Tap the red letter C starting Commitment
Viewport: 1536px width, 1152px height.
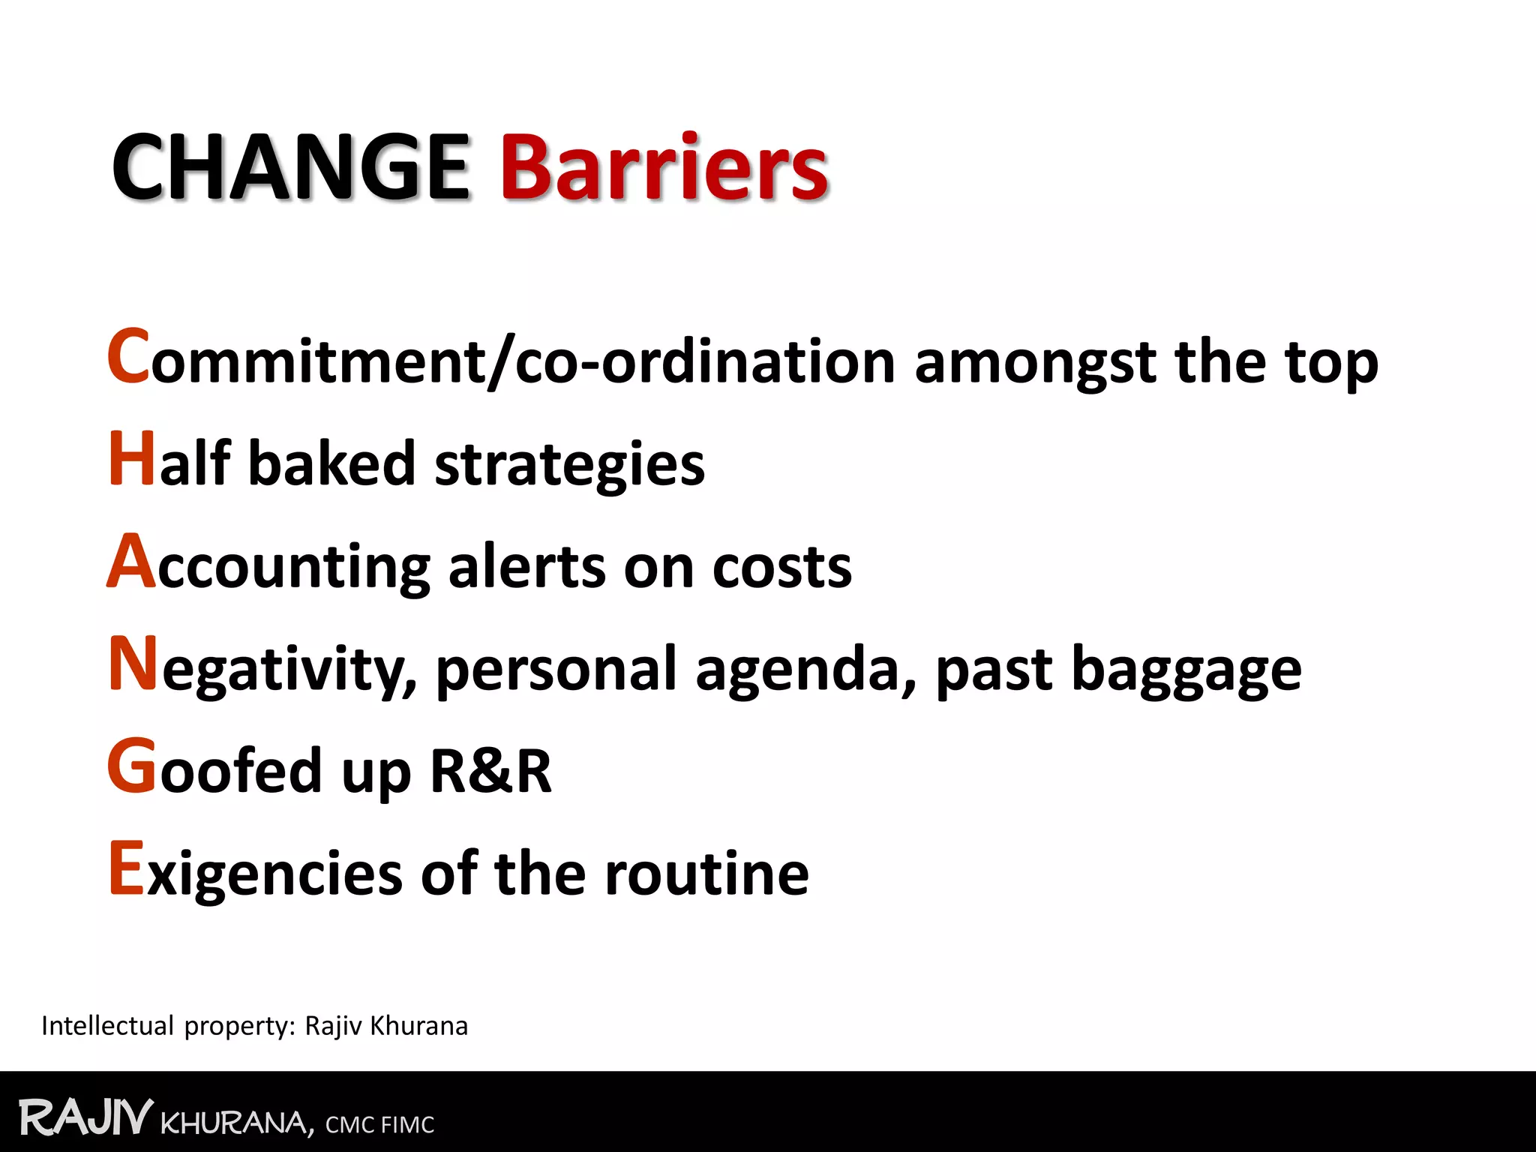click(x=128, y=357)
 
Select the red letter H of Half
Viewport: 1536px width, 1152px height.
click(x=132, y=459)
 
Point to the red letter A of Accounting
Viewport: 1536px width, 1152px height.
click(x=131, y=562)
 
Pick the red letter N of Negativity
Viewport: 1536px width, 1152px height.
click(x=133, y=664)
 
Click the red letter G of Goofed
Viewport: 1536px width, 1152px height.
click(x=132, y=766)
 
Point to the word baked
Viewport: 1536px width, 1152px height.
click(x=331, y=463)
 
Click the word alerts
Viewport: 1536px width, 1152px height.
click(x=526, y=567)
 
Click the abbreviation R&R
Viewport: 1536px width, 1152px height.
click(x=490, y=771)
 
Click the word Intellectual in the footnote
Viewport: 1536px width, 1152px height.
click(x=107, y=1026)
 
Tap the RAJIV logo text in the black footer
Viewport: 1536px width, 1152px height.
click(x=85, y=1117)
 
